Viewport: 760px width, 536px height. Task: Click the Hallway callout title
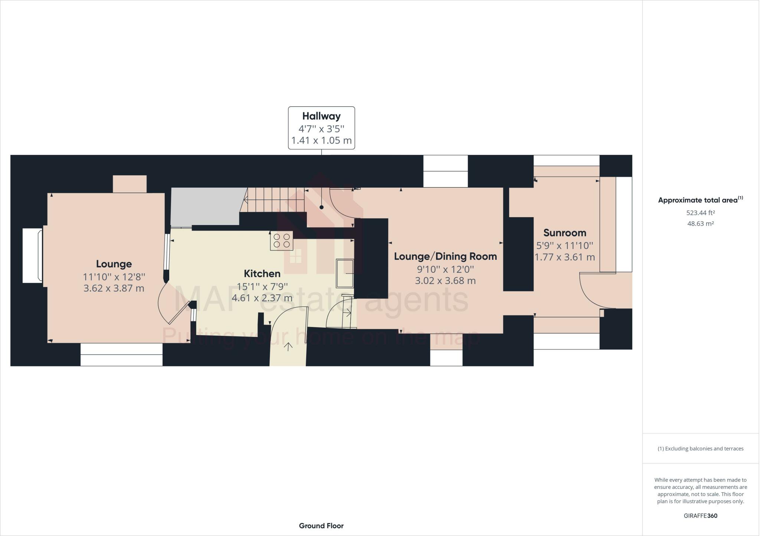click(321, 116)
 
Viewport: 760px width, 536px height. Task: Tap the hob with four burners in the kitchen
click(281, 241)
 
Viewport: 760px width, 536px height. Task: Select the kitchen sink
click(345, 274)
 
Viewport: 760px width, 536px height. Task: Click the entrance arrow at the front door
click(288, 347)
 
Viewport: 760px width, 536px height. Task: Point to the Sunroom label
click(565, 233)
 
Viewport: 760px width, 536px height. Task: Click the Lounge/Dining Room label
click(445, 256)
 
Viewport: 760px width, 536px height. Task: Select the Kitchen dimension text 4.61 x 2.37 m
click(262, 298)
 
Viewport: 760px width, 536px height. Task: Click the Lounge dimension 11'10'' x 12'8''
click(114, 277)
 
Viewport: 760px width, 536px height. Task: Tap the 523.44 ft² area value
click(700, 213)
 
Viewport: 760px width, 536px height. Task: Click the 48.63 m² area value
click(700, 224)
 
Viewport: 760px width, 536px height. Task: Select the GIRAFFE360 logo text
click(700, 516)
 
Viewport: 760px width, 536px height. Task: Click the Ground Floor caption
click(321, 526)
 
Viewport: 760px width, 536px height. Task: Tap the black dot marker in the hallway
click(321, 208)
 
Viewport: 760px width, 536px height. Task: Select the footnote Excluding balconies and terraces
click(700, 449)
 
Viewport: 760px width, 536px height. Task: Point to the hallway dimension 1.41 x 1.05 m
click(321, 141)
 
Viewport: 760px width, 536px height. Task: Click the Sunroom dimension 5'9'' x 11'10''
click(565, 245)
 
